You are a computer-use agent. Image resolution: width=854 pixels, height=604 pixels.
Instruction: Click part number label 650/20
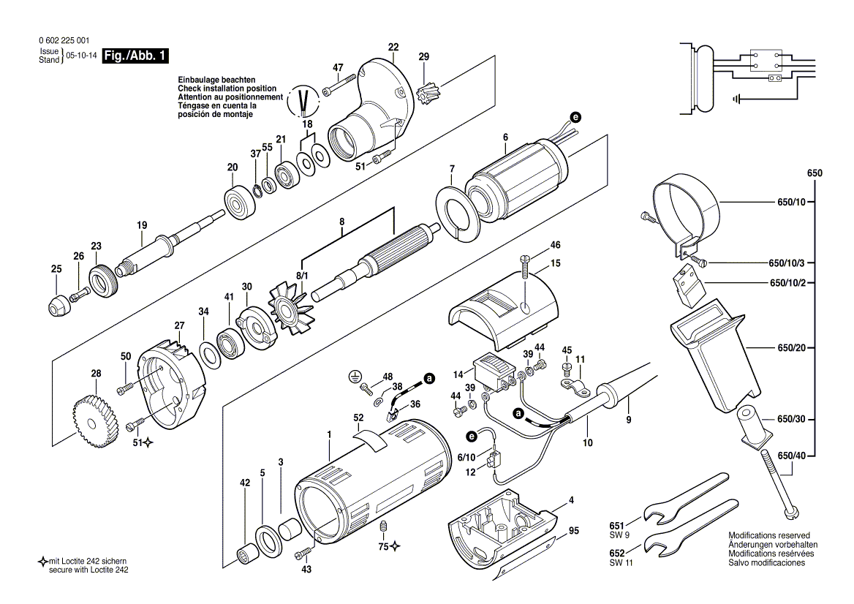791,347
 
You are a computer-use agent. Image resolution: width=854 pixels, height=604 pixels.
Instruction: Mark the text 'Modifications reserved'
768,535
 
